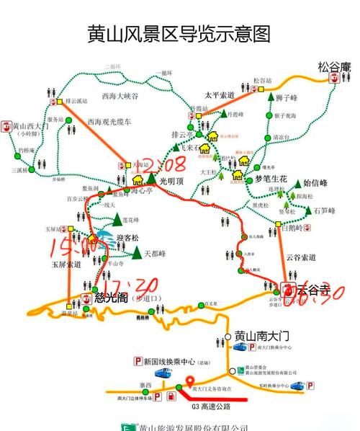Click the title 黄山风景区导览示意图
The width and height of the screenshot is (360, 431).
click(180, 34)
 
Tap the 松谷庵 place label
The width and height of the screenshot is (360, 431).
click(334, 68)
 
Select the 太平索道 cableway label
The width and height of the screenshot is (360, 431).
click(220, 94)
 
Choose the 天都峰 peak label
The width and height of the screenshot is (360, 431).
click(156, 254)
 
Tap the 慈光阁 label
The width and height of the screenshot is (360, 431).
click(111, 298)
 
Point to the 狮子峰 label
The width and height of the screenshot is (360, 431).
click(287, 97)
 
